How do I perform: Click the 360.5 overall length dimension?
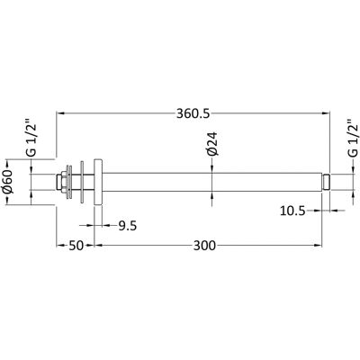(x=193, y=114)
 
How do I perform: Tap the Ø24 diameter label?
(x=212, y=144)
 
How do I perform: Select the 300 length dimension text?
(x=204, y=246)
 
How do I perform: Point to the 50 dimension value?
(x=76, y=246)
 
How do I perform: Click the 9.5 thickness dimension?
(x=127, y=226)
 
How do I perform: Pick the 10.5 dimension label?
(x=292, y=211)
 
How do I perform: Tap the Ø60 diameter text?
(x=8, y=182)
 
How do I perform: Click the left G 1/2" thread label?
(x=31, y=139)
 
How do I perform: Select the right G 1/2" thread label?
(x=353, y=139)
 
